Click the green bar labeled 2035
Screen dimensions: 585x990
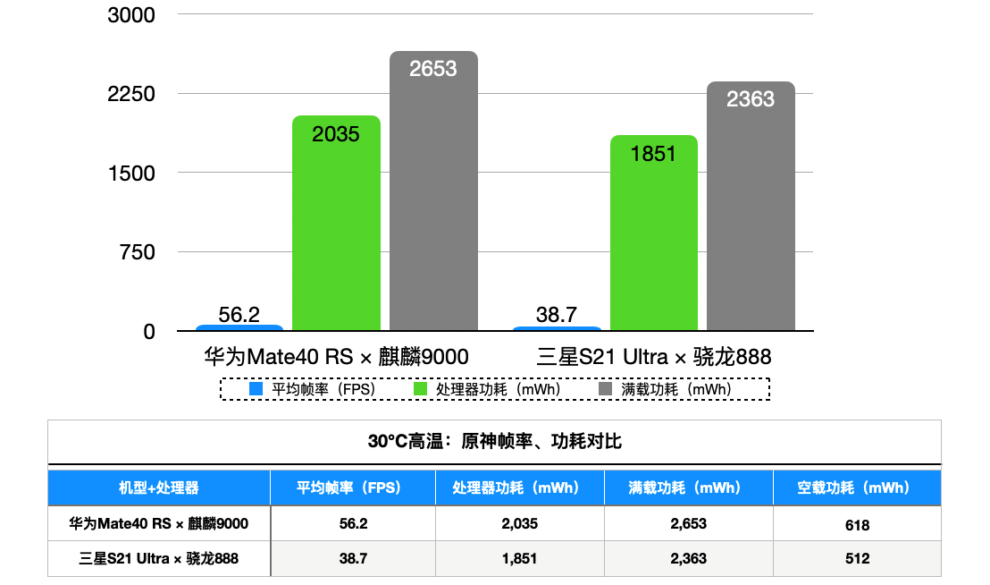[336, 224]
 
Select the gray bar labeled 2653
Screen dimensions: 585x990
[433, 191]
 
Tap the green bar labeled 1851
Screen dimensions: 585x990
[653, 233]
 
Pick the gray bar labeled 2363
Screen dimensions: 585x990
[751, 207]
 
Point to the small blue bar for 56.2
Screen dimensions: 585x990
[239, 328]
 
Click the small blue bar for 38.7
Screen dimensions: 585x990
[557, 329]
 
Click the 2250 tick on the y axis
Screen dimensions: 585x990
[131, 94]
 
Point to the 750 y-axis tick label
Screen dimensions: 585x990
[138, 252]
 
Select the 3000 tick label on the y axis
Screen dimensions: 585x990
[131, 15]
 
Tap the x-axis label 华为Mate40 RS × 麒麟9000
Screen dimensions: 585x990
[336, 357]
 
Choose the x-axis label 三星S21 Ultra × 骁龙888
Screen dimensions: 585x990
[654, 357]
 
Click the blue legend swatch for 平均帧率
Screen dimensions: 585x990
[256, 389]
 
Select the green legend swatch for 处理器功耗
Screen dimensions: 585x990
[420, 389]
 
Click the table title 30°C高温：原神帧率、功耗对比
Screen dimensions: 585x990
[494, 442]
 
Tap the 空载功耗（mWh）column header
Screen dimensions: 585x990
[856, 488]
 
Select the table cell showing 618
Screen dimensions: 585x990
[856, 524]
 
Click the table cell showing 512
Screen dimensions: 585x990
[856, 559]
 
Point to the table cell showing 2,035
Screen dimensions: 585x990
[520, 524]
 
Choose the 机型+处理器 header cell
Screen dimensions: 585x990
[159, 488]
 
